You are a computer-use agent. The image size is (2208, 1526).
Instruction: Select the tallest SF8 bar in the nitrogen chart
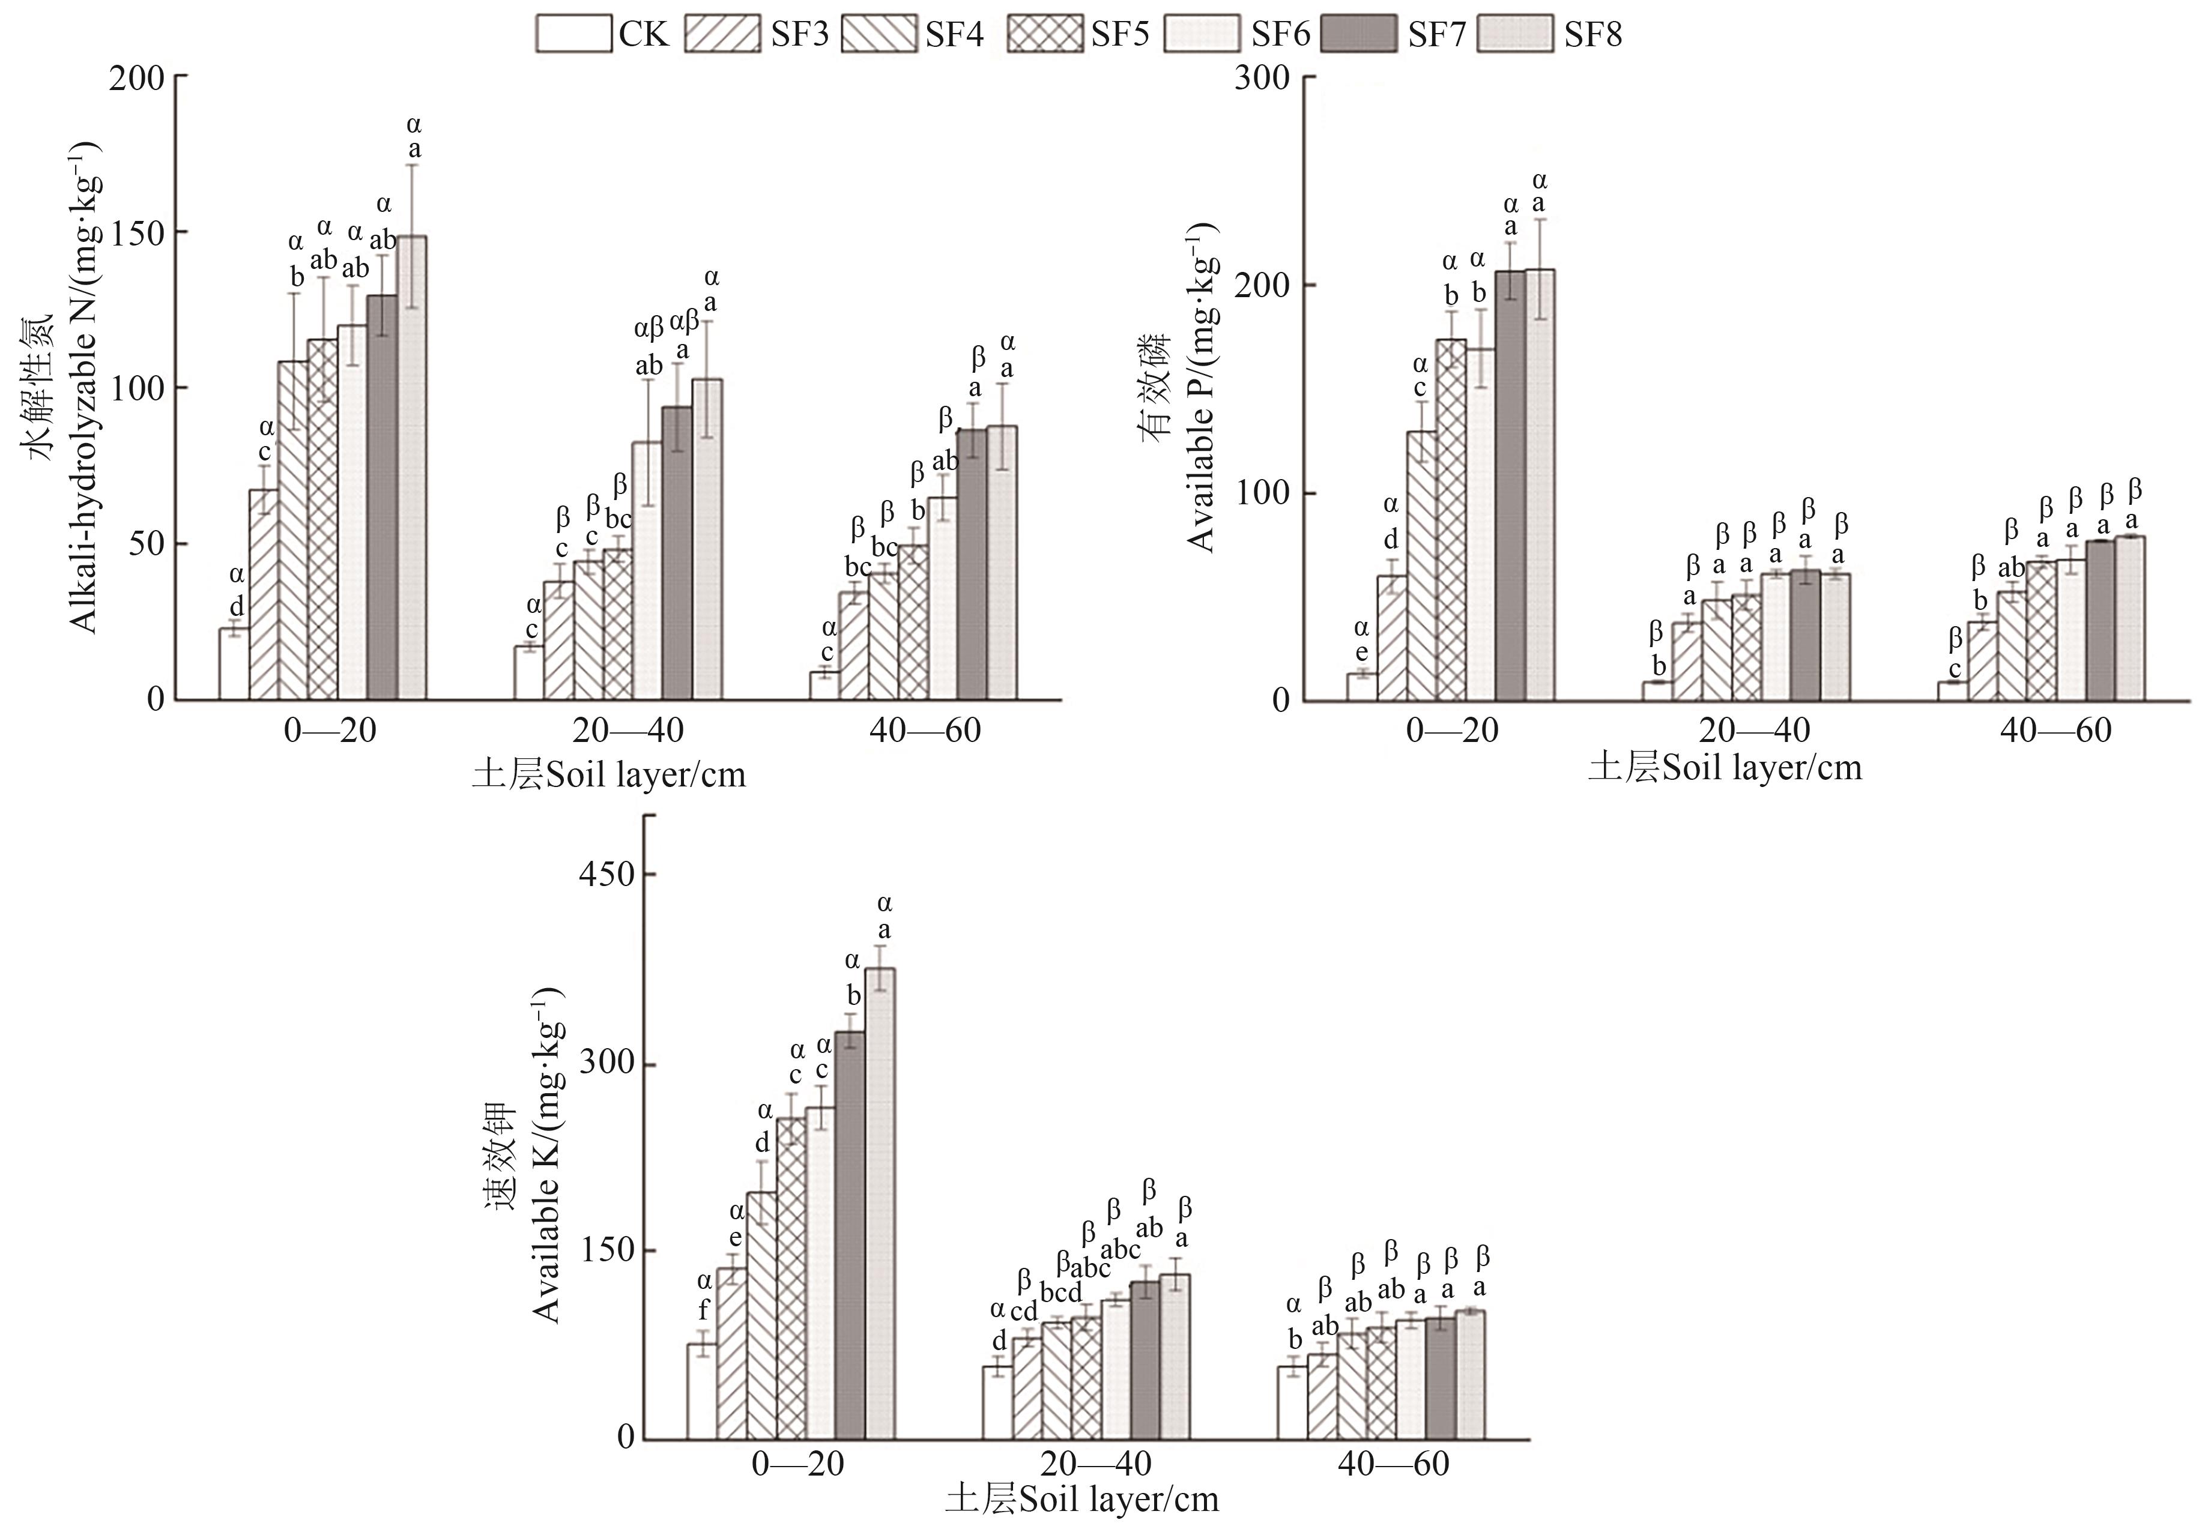413,468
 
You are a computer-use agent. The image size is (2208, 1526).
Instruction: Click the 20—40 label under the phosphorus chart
1754,731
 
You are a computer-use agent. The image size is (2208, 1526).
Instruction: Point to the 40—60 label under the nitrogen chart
925,731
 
